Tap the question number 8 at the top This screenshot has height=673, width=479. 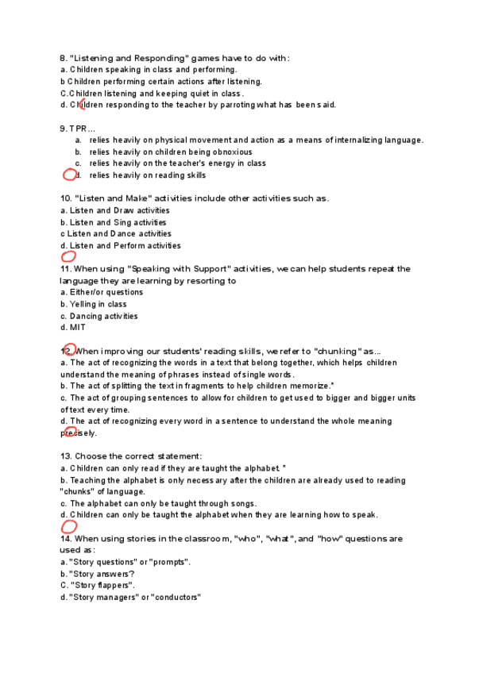click(63, 58)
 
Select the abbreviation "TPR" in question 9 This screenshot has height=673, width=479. click(77, 129)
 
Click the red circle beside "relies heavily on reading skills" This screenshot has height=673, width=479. click(70, 175)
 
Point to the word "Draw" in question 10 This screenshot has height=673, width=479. click(123, 210)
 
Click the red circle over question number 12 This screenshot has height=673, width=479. click(68, 349)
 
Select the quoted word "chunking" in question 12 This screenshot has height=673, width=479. click(339, 351)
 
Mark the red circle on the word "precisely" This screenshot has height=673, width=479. click(70, 433)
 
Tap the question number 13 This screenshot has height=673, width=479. click(65, 456)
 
